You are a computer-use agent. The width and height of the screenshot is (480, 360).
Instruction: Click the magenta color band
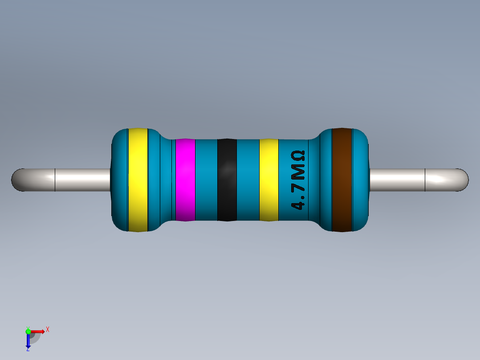click(x=185, y=180)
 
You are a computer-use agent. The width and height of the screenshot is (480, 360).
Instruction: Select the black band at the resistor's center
click(x=227, y=180)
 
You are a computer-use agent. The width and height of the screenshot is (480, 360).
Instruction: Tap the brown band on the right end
click(x=342, y=180)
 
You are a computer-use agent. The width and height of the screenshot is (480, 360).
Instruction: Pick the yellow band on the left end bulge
click(x=138, y=180)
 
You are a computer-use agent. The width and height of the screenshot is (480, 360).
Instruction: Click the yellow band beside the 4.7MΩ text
click(x=268, y=180)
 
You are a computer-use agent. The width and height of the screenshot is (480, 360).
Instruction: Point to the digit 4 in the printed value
click(x=297, y=205)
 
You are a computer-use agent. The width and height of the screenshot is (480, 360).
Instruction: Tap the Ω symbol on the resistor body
click(x=297, y=156)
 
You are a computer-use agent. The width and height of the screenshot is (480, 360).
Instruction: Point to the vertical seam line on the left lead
click(x=55, y=180)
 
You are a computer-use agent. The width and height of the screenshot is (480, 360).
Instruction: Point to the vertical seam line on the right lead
click(x=425, y=180)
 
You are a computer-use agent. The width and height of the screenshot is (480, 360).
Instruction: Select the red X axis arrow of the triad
click(x=39, y=331)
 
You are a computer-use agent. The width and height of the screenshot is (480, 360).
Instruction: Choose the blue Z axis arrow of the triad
click(x=28, y=342)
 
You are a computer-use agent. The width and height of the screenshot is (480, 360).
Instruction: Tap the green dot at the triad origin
click(x=28, y=331)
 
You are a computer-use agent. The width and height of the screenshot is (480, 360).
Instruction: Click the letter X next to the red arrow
click(x=47, y=330)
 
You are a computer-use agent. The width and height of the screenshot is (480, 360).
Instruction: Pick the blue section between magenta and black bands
click(x=206, y=180)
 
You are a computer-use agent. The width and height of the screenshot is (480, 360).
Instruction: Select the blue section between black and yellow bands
click(x=248, y=180)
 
